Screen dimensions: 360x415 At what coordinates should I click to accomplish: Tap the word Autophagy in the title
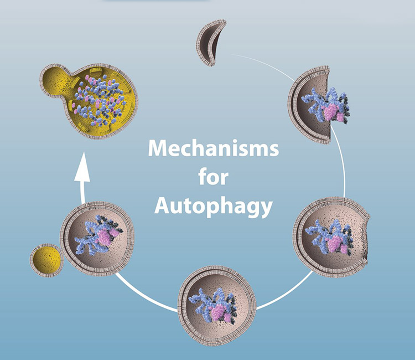[x=213, y=205]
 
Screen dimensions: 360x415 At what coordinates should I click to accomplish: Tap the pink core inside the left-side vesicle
[x=105, y=238]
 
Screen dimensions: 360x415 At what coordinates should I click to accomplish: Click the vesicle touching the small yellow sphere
[x=97, y=238]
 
